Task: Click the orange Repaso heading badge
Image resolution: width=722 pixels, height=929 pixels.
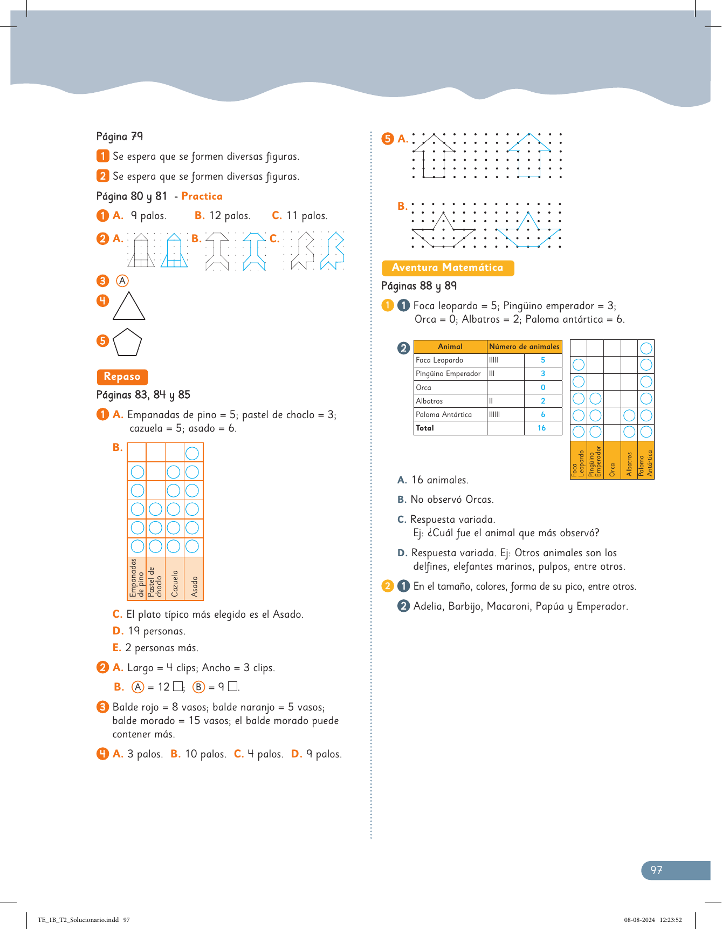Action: coord(122,377)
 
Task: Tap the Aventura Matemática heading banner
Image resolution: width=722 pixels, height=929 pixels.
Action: coord(447,268)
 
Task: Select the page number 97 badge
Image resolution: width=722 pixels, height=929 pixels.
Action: coord(656,870)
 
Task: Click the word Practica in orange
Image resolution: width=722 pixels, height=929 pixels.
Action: coord(202,196)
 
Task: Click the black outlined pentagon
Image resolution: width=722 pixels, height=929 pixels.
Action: coord(128,343)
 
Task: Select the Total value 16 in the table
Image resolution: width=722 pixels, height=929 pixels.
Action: coord(541,428)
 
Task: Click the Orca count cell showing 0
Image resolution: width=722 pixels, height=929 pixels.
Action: coord(542,387)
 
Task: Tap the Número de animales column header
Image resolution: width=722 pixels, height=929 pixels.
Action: coord(524,346)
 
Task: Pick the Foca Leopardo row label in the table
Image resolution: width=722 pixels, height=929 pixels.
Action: coord(439,360)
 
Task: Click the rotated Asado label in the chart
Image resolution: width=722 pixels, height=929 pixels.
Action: coord(194,586)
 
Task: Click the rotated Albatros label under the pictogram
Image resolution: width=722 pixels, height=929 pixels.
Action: coord(629,464)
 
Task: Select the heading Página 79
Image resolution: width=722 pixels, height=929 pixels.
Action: coord(119,136)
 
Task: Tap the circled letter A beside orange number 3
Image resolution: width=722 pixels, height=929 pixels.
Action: coord(122,281)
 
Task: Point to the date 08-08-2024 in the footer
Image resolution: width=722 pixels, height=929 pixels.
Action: coord(640,920)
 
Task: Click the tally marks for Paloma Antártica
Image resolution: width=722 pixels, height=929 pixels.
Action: coord(494,414)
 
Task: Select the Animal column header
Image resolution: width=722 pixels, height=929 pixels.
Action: coord(450,346)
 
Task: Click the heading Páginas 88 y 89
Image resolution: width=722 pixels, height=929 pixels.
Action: coord(419,286)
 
